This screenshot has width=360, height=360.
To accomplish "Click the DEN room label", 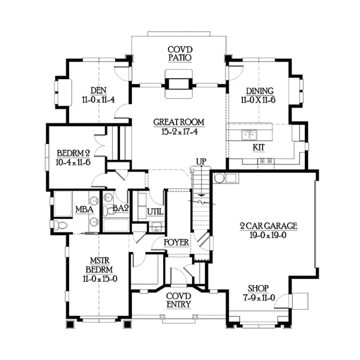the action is [x=98, y=90].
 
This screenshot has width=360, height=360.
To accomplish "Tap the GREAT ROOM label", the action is [x=179, y=122].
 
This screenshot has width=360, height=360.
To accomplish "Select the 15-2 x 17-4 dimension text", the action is [x=179, y=131].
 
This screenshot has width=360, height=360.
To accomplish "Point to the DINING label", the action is [x=260, y=91].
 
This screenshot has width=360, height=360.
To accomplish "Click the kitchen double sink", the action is [x=249, y=135].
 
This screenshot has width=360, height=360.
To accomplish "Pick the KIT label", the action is [x=259, y=148].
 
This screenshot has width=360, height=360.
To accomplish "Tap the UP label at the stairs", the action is [x=201, y=161].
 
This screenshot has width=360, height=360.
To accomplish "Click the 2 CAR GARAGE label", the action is [x=269, y=226].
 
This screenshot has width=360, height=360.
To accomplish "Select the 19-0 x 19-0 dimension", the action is [x=268, y=235].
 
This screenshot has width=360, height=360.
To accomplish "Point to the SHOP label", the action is [x=258, y=289].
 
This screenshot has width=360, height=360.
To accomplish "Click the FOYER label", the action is [x=176, y=242].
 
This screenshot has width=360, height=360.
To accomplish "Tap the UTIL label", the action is [x=155, y=212].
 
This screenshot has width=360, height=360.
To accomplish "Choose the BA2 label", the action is [x=121, y=208].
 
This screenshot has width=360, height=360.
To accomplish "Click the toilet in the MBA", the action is [x=60, y=225].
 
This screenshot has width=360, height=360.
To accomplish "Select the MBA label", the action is [x=84, y=209].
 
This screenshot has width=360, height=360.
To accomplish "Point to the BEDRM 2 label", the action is [x=73, y=153].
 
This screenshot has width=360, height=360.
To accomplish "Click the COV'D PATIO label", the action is [x=180, y=53].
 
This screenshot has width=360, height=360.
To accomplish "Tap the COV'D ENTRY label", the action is [x=179, y=300].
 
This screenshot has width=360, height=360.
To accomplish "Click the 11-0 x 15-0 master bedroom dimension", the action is [x=100, y=279].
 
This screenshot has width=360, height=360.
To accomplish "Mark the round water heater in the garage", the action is [x=220, y=178].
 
